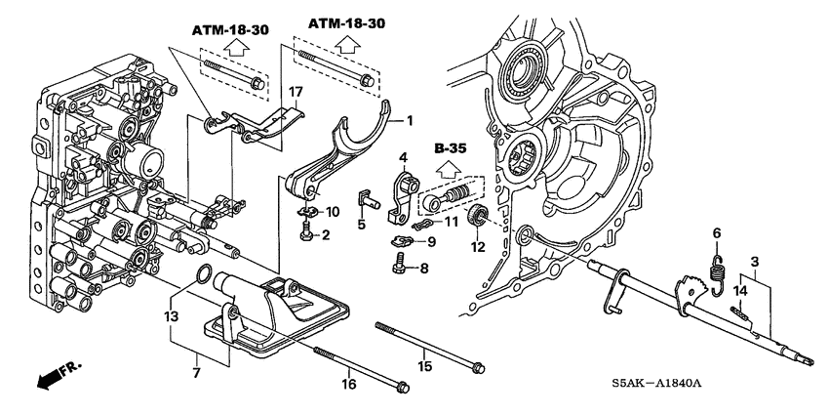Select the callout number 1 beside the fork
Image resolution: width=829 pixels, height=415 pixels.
click(411, 121)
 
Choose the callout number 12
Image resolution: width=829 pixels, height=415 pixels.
click(477, 248)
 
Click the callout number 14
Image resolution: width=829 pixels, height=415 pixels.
click(739, 291)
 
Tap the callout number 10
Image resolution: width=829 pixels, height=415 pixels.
click(333, 212)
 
